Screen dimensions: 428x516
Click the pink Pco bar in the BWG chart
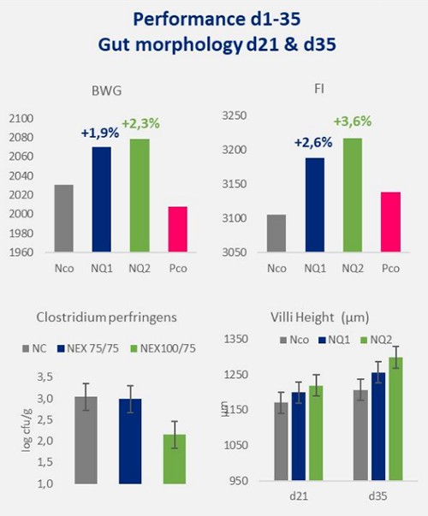pos(178,229)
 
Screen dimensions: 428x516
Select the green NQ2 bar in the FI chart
pos(353,195)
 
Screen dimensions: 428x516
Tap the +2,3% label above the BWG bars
pos(141,124)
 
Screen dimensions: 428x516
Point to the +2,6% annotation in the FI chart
pos(313,143)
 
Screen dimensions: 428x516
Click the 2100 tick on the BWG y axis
pos(21,118)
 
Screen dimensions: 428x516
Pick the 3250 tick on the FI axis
pos(234,116)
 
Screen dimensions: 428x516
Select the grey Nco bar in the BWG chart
pos(64,218)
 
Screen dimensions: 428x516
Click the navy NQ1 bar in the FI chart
pos(315,205)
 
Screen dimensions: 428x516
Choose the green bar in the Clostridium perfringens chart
pos(175,459)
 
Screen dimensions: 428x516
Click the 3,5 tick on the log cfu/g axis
pos(45,377)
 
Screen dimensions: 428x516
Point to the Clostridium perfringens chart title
pos(106,317)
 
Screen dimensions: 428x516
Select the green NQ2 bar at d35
pos(395,418)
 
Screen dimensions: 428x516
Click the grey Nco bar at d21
pos(281,442)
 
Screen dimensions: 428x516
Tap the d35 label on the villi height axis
pos(377,496)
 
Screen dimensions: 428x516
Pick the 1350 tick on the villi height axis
pos(236,339)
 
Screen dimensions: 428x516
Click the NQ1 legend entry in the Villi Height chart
pos(335,340)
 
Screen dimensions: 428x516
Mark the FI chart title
pos(319,89)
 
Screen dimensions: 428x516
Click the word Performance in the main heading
pos(189,20)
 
